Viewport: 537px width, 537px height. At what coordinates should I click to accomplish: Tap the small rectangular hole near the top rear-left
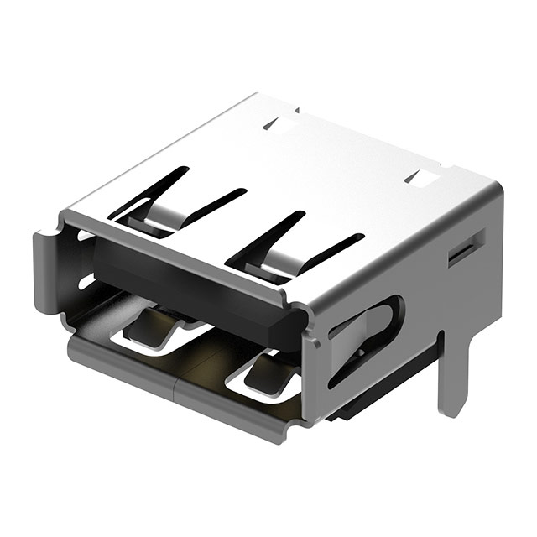click(282, 125)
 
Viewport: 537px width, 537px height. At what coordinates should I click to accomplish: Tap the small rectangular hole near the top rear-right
click(422, 176)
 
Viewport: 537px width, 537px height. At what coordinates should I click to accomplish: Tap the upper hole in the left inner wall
click(85, 236)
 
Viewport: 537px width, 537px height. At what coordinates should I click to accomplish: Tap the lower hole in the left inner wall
click(86, 281)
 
